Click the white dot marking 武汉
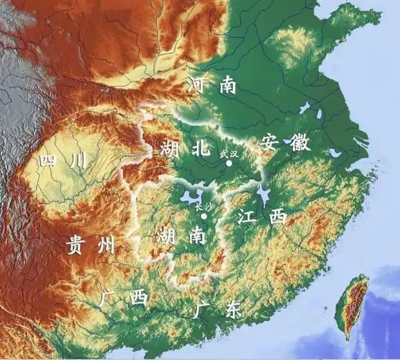pos(229,163)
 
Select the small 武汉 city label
pos(228,153)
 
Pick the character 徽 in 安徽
pos(301,142)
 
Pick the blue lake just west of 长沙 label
pos(189,198)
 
